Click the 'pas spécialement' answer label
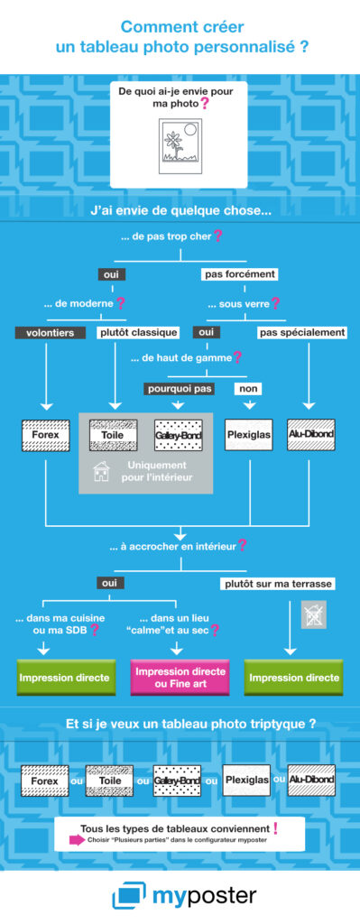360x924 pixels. pos(302,332)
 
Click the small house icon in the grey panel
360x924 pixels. pos(102,472)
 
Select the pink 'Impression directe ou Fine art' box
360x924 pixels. pos(180,677)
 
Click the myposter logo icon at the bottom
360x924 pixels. pos(127,896)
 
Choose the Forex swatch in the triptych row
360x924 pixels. pos(44,780)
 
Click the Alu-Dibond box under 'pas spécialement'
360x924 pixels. pos(311,435)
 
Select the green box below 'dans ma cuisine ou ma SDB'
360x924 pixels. pos(66,677)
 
